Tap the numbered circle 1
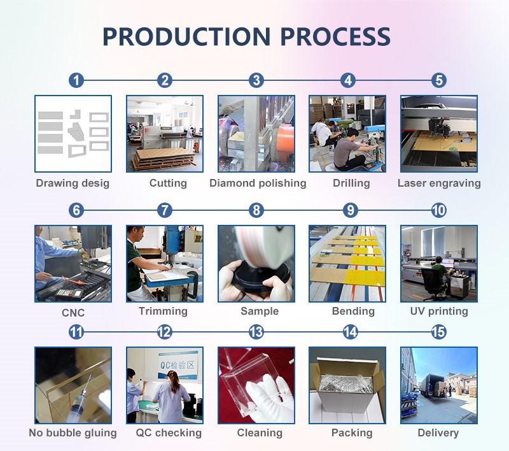point(76,80)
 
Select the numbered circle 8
point(256,210)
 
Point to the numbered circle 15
point(438,332)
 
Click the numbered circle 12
point(164,332)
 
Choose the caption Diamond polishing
point(258,183)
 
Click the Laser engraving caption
point(439,183)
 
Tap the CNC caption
point(73,313)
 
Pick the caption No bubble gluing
point(73,433)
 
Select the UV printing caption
point(439,311)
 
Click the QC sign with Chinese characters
point(178,364)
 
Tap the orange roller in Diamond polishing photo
point(286,142)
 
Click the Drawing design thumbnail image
point(73,134)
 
